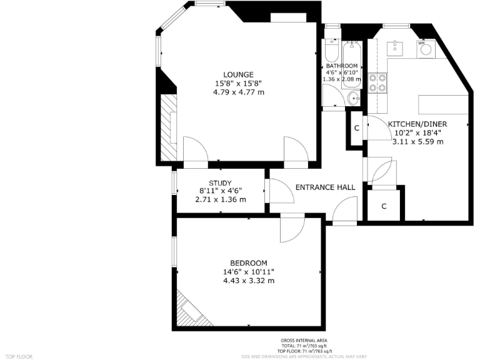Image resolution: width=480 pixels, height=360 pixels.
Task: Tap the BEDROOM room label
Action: [248, 262]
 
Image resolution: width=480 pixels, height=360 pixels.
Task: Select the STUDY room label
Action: [220, 182]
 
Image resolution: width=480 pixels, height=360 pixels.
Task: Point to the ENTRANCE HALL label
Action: [325, 187]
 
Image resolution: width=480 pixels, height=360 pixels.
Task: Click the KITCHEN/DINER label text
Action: [417, 124]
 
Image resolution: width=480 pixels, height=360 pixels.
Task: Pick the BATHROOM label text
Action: [341, 66]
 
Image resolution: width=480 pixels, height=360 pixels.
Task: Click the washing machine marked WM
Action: [425, 48]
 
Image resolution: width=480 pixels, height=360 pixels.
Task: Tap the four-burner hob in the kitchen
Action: [377, 82]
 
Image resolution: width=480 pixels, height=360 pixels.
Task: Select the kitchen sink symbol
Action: [396, 47]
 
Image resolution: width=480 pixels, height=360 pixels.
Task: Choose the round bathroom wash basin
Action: [354, 97]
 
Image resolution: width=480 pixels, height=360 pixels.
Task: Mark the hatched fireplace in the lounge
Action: [168, 127]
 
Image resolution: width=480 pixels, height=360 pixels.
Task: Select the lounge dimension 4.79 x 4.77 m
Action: [238, 92]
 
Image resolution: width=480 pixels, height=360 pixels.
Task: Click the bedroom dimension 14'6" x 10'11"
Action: [248, 272]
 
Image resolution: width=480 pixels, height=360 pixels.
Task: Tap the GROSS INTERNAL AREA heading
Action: [304, 340]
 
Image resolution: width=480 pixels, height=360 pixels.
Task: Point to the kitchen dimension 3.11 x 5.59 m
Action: [417, 142]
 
